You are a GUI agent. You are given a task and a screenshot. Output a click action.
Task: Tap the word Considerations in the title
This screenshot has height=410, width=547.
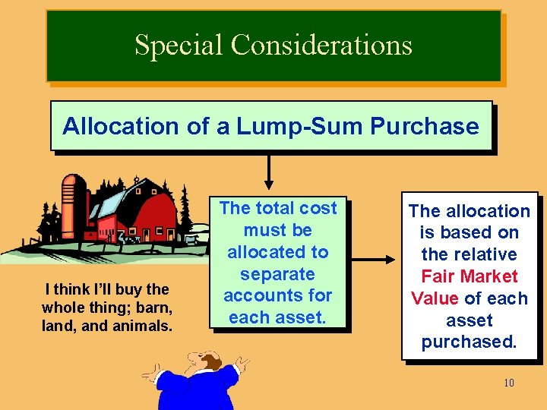click(321, 45)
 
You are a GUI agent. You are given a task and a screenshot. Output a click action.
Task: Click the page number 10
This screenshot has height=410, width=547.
click(508, 383)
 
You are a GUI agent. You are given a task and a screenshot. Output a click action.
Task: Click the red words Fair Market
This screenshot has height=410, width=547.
click(470, 276)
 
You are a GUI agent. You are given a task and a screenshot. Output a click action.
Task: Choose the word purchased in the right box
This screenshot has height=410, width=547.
click(469, 342)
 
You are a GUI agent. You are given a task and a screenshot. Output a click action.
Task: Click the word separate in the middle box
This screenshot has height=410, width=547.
click(277, 273)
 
